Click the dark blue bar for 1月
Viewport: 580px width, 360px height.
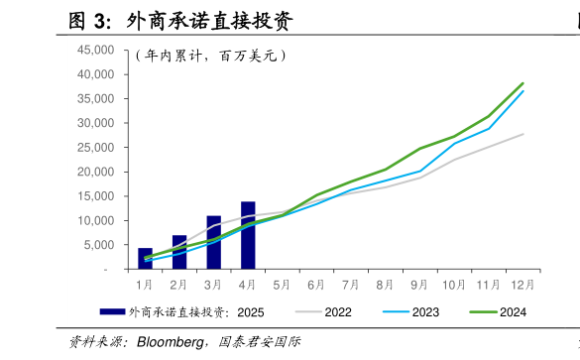pos(146,259)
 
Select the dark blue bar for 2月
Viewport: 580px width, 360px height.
pos(179,252)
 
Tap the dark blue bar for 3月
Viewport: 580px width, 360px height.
pos(213,242)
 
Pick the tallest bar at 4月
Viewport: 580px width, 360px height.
pos(248,235)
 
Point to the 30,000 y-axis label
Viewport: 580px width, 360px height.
pos(96,123)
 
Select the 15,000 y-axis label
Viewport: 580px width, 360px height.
pos(96,196)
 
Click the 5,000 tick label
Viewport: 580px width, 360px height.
pos(99,245)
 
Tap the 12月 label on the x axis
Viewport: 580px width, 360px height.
pos(522,284)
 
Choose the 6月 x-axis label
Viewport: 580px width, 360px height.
pos(316,284)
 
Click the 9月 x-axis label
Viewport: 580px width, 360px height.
pos(419,284)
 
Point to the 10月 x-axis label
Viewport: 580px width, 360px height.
pos(454,284)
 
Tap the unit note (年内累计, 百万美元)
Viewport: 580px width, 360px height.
pos(210,56)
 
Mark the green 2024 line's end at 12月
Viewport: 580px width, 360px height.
pos(522,83)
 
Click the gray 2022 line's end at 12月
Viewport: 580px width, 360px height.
pos(522,134)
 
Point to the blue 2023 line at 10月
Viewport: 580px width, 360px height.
pos(454,143)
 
